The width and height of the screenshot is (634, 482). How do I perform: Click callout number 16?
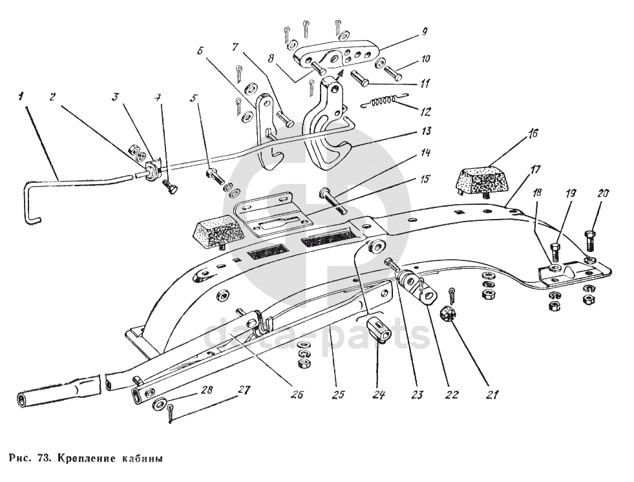[x=533, y=135]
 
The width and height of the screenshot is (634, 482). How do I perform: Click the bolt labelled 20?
[x=591, y=240]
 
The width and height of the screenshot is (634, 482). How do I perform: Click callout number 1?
[x=21, y=96]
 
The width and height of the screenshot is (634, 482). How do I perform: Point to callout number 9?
[x=424, y=30]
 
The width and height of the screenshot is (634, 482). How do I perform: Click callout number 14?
[x=424, y=154]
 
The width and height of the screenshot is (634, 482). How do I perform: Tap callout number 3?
[x=116, y=97]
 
